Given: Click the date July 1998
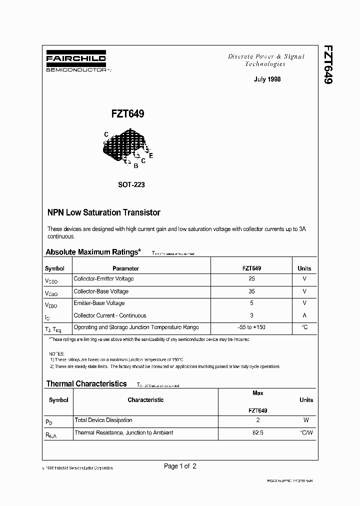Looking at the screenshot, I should coord(267,79).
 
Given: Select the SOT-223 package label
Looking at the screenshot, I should coord(131,184).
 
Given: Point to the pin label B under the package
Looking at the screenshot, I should coord(136,165).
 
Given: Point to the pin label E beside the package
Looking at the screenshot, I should coord(151,155).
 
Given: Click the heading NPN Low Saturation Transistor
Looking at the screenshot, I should coord(103,212).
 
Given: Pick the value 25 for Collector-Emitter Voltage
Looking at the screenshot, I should coord(251,279).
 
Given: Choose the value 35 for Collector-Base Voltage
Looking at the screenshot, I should coord(251,291).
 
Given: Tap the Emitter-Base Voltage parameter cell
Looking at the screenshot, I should coord(99,303).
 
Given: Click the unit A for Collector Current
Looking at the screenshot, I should coord(304,315).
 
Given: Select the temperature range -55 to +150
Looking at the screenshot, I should coord(251,327).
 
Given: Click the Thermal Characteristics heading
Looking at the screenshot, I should coord(86,384).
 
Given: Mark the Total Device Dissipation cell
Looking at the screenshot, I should coord(103,420).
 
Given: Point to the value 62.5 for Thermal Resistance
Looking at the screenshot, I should coord(258,432).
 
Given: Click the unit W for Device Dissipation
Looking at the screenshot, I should coord(306,420).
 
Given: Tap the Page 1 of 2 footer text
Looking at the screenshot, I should coord(180,466).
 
